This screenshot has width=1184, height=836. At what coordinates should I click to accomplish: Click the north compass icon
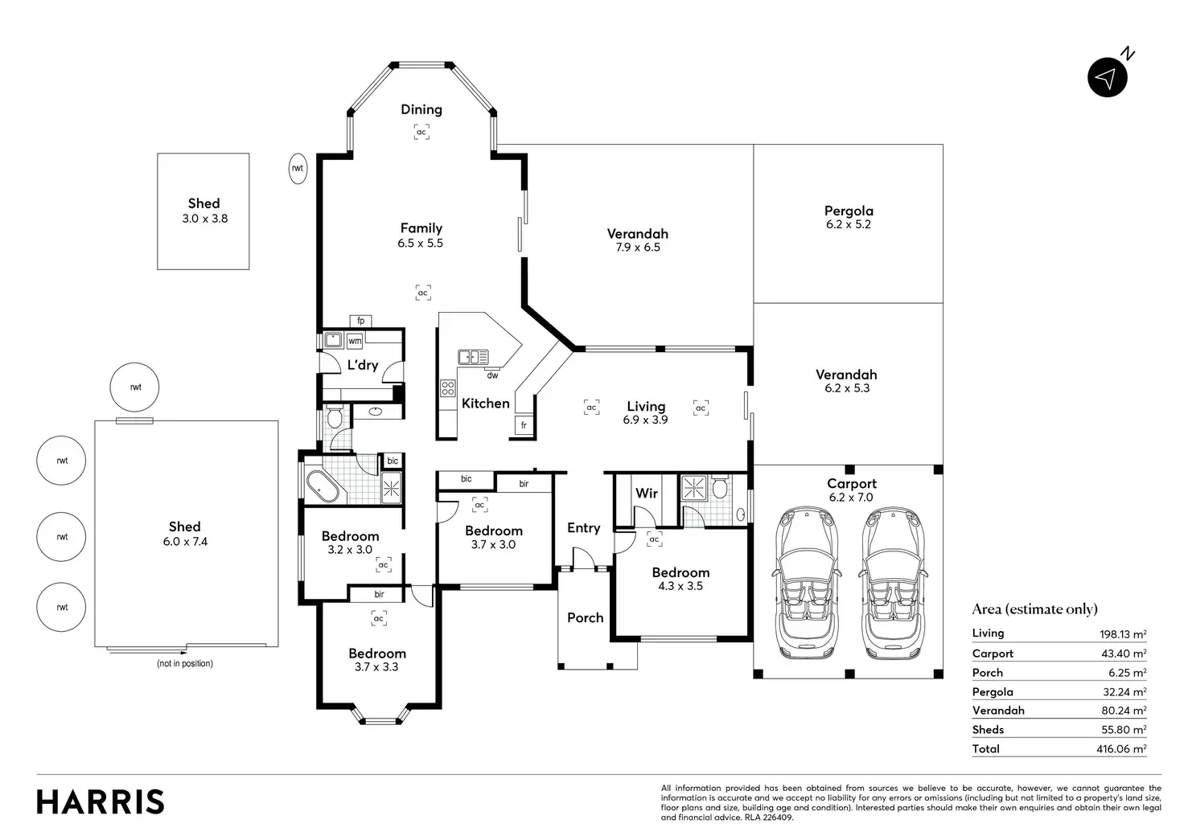point(1108,77)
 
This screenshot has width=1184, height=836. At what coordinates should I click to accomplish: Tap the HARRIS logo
point(101,801)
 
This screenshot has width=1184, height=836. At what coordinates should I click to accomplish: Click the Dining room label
point(421,109)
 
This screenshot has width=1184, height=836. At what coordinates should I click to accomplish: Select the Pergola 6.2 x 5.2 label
point(849,217)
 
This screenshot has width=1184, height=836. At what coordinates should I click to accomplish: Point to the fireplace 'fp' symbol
point(360,321)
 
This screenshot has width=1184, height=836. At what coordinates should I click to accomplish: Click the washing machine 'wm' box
point(355,341)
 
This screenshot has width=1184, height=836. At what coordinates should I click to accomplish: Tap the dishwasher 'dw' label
point(492,375)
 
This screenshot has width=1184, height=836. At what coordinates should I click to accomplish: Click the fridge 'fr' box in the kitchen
point(524,425)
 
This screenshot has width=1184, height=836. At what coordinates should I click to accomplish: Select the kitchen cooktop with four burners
point(448,388)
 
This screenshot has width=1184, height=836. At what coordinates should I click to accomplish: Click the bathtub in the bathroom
point(323,486)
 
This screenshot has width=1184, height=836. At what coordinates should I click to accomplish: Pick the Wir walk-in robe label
point(647,494)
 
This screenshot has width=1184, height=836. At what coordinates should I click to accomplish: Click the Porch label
point(585,617)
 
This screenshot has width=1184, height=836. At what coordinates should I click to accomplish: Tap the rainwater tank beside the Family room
point(298,169)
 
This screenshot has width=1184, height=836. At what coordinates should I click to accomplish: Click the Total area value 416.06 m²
point(1121,748)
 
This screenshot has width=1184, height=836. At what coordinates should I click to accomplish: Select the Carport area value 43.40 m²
point(1124,654)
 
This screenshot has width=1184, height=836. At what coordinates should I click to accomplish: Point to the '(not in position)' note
point(185,663)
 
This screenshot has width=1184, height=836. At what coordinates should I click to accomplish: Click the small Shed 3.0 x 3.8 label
point(204,211)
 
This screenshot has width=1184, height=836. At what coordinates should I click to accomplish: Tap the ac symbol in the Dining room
point(421,132)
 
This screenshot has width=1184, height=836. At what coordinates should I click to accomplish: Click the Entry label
point(583,527)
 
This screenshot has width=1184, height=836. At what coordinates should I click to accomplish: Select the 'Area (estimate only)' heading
point(1034,609)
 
